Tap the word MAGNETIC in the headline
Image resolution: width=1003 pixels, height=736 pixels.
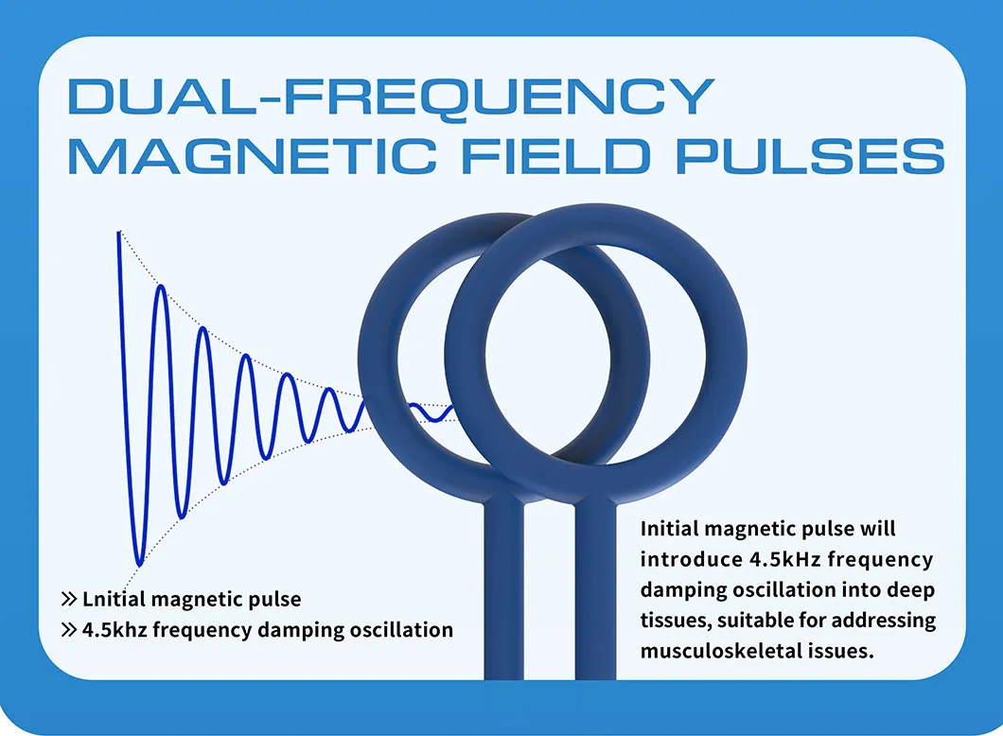tap(252, 156)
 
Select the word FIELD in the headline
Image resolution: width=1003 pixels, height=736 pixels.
tap(555, 156)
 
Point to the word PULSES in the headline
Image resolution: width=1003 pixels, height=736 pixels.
tap(811, 156)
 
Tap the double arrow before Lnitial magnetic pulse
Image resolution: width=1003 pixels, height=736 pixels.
tap(68, 599)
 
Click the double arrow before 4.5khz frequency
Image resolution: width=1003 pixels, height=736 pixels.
tap(68, 630)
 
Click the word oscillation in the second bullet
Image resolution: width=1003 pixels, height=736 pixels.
tap(401, 630)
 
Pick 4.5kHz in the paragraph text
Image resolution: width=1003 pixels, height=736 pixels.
tap(784, 559)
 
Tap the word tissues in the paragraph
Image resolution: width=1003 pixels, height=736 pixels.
tap(675, 621)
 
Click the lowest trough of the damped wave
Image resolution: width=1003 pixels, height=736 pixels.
tap(139, 564)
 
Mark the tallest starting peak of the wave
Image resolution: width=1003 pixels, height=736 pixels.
tap(119, 234)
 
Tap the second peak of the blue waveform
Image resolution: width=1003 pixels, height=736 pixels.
tap(161, 288)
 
